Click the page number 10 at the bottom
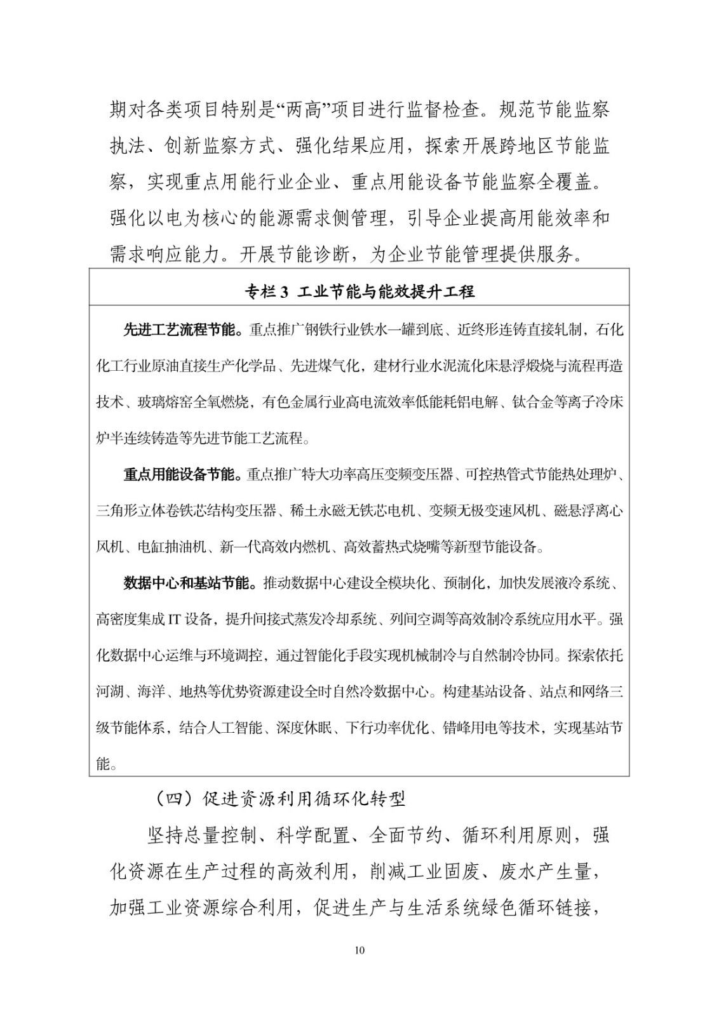[359, 950]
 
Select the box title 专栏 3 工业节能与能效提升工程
[359, 292]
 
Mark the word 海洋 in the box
[151, 692]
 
